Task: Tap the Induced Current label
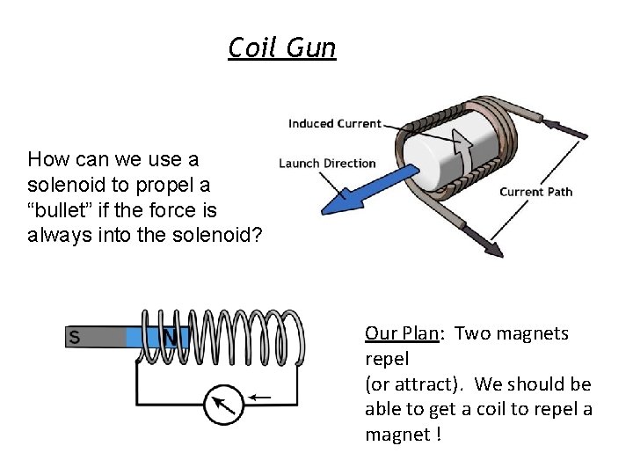tap(334, 124)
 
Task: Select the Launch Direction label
tap(327, 163)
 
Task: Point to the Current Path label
tap(535, 192)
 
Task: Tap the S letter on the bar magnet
tap(74, 337)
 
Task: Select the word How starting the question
tap(47, 160)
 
